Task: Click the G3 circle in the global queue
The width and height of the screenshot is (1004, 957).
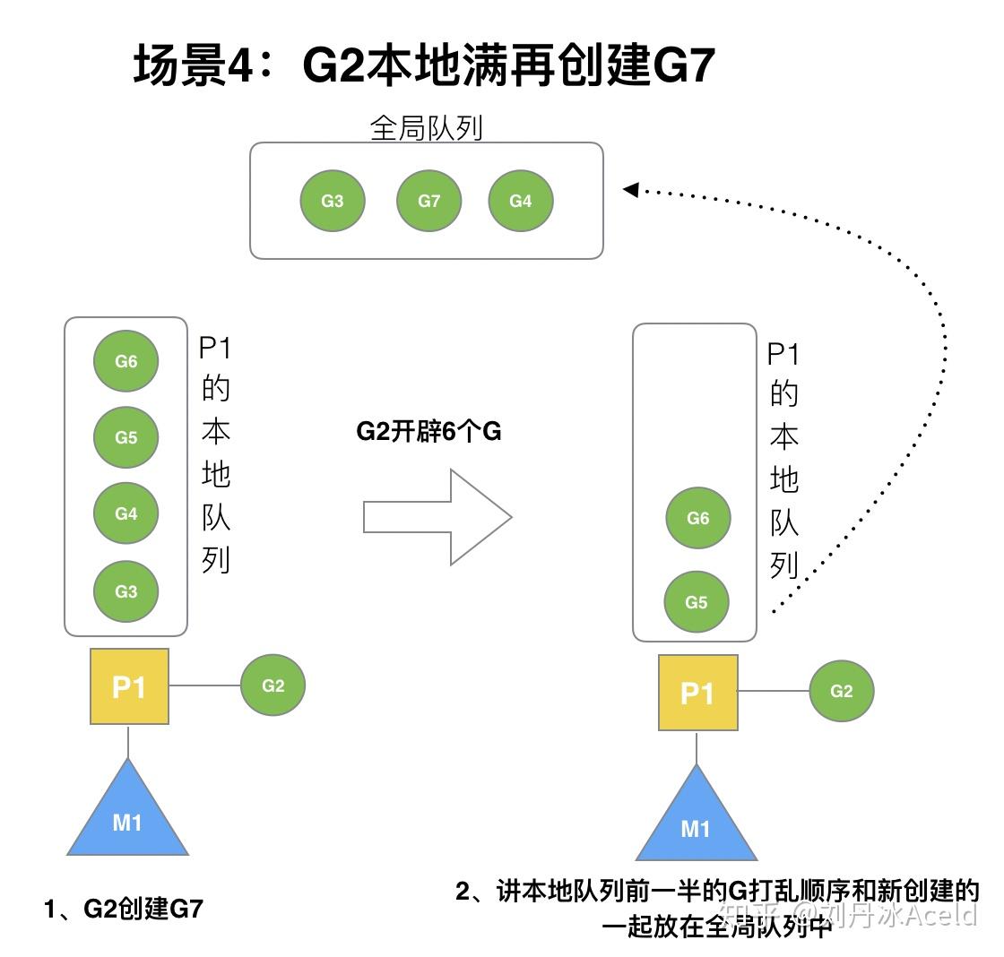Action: pos(333,201)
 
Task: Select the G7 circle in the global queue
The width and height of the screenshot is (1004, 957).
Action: pos(429,201)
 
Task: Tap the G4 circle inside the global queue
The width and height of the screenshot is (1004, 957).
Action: pos(521,201)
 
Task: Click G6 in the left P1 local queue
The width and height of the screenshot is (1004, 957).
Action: pos(126,361)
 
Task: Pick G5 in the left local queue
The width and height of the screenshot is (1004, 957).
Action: pos(126,437)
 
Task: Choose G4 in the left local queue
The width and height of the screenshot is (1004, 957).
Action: pos(126,513)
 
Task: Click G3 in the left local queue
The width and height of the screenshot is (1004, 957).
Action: pos(126,591)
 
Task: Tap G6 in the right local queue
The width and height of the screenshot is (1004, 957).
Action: pos(698,518)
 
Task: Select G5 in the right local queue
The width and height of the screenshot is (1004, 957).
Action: pos(697,602)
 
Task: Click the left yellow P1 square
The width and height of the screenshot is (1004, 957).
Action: pos(129,686)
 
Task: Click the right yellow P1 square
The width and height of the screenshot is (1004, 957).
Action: pos(698,693)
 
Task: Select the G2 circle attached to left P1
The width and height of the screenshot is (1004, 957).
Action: pos(273,685)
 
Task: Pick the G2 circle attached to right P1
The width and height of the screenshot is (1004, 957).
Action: pos(842,691)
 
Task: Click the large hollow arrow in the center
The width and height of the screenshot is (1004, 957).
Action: pos(438,517)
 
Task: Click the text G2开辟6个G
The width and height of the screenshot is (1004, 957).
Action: pos(428,432)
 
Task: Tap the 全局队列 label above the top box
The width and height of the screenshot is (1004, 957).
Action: pos(426,128)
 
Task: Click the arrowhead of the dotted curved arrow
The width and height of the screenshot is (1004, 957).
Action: pos(630,189)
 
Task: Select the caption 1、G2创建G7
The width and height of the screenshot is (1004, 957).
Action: pos(125,909)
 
